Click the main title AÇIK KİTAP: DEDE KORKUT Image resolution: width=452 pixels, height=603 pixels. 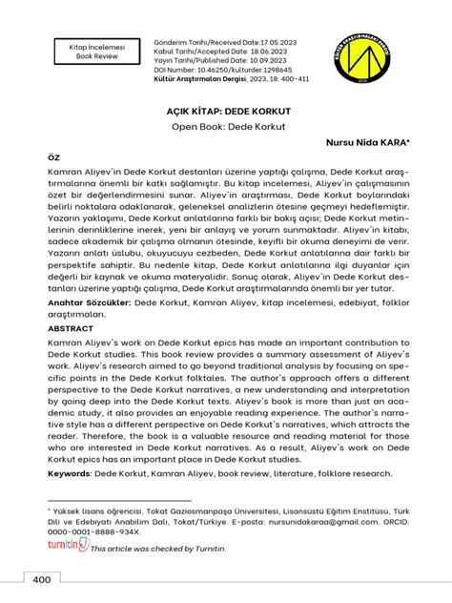[x=225, y=111]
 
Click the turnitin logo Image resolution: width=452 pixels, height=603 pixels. [x=67, y=546]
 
